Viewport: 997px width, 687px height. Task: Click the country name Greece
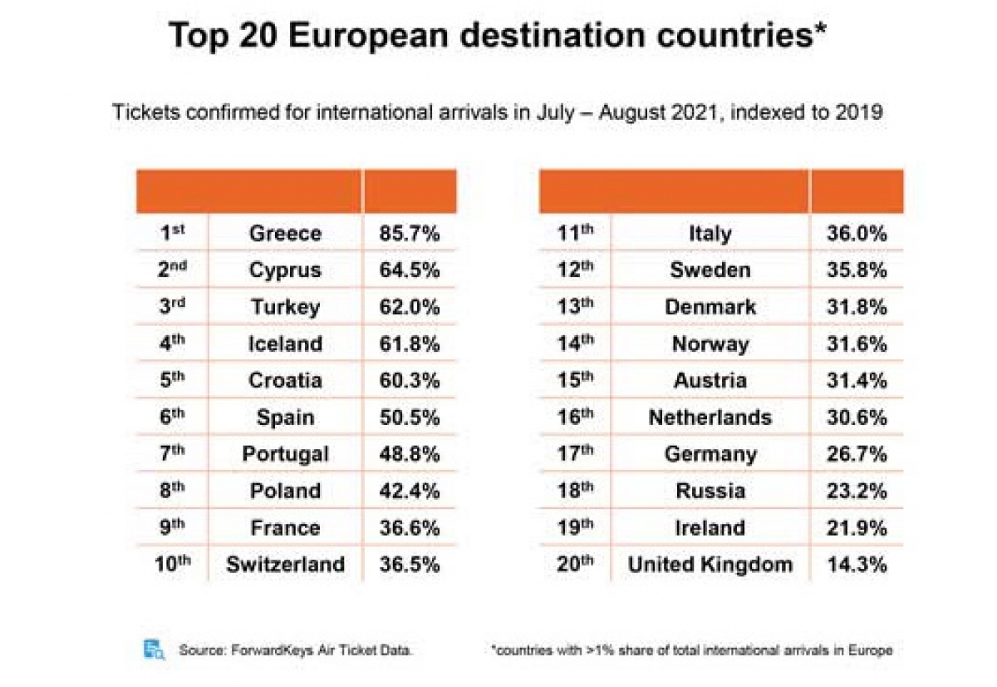coord(285,234)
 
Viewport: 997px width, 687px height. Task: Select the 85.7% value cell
coord(409,234)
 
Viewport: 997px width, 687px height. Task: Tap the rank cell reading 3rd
coord(171,306)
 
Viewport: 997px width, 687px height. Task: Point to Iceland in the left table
coord(285,343)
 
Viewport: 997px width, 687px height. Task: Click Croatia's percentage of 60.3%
coord(409,380)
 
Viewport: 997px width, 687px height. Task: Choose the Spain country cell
coord(285,417)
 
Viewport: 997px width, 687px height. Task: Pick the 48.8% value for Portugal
coord(409,454)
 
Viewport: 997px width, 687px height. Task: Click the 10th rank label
coord(173,564)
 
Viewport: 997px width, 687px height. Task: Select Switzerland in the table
coord(285,565)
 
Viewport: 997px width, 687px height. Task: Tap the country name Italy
coord(710,234)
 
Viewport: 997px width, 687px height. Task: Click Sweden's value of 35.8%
coord(857,270)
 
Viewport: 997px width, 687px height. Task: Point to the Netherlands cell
coord(710,417)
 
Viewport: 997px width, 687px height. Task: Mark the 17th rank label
coord(576,453)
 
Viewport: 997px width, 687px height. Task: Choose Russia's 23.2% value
coord(857,491)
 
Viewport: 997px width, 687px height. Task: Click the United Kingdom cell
coord(710,565)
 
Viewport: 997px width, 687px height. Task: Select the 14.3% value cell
coord(857,565)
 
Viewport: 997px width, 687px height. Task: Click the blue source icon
coord(155,650)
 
